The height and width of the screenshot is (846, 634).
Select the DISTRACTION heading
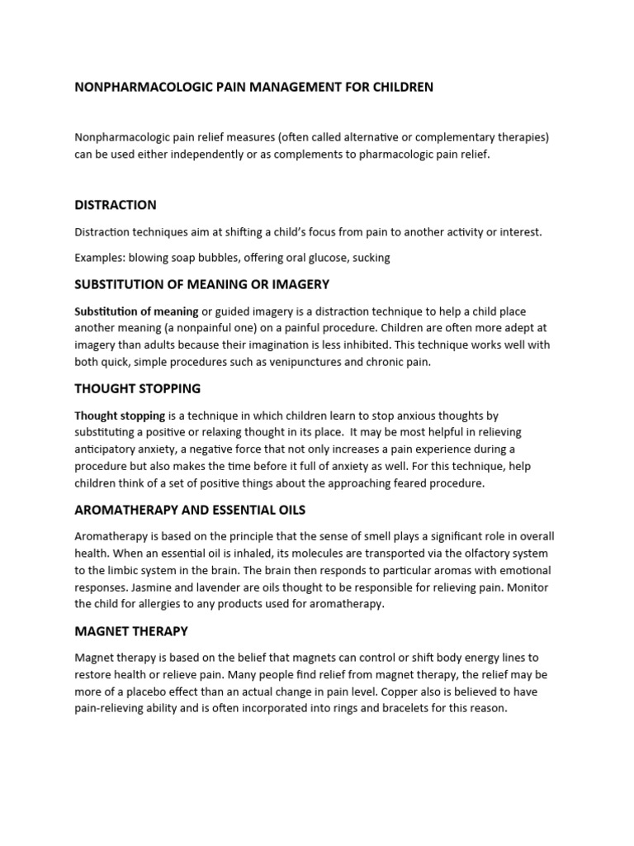(116, 205)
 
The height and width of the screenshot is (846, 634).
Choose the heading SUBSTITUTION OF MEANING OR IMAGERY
(202, 284)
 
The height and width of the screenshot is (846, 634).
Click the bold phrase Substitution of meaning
(136, 311)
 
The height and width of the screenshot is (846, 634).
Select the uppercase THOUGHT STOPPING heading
(137, 388)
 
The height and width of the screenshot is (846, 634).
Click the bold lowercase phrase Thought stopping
(120, 416)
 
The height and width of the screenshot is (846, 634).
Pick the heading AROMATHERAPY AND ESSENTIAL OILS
(190, 510)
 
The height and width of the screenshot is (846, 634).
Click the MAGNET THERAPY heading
(131, 631)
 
